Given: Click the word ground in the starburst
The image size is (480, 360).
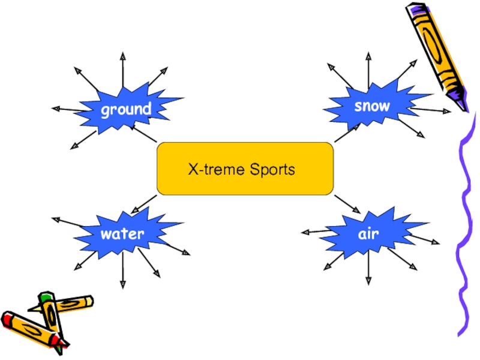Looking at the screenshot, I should coord(125,110).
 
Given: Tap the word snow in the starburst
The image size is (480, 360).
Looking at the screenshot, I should coord(372,106).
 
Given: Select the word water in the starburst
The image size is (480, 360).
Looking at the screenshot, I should coord(122,233).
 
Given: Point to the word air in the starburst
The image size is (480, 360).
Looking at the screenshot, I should coord(368,233).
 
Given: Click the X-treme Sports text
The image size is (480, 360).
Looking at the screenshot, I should coord(242,170).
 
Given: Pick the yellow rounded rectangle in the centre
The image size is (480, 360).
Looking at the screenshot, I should coord(180,183).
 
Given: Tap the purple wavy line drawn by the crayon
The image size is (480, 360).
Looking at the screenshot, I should coord(464,228).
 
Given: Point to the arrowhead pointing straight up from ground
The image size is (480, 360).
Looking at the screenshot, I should coord(122,56).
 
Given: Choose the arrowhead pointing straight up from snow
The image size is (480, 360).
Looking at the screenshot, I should coord(368,56).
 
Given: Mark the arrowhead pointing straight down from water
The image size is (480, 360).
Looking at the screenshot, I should coord(122,284).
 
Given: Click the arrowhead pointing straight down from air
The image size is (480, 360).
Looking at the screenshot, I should coord(368,281).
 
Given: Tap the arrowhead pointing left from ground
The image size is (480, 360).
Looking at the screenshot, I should coord(55,109).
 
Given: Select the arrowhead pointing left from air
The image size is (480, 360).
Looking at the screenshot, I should coord(305,232).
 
